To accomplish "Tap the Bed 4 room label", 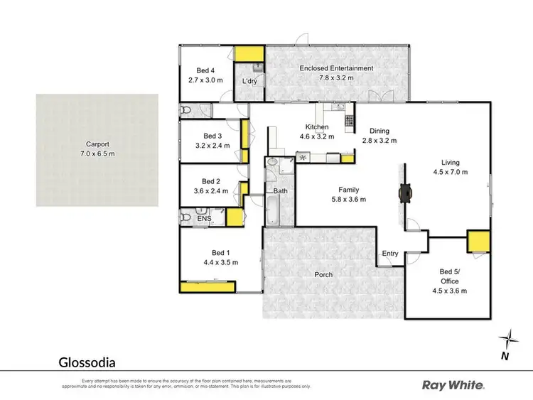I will (x=205, y=70).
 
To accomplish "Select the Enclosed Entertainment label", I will (x=336, y=68).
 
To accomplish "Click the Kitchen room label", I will (x=313, y=126).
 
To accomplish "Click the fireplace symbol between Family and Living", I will (x=405, y=190).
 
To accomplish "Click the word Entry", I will (x=390, y=254).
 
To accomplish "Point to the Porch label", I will (x=324, y=275).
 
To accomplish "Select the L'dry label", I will (x=249, y=82).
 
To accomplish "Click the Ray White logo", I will (x=453, y=385).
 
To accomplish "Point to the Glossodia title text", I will (x=86, y=361).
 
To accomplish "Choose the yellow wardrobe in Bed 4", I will (x=249, y=53).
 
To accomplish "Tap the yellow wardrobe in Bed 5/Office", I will (x=478, y=242).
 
